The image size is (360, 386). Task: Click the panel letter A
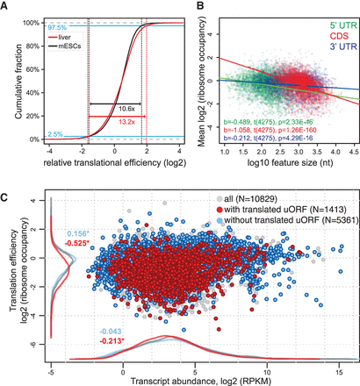(x=7, y=6)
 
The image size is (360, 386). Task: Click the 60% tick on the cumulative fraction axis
(x=32, y=69)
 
